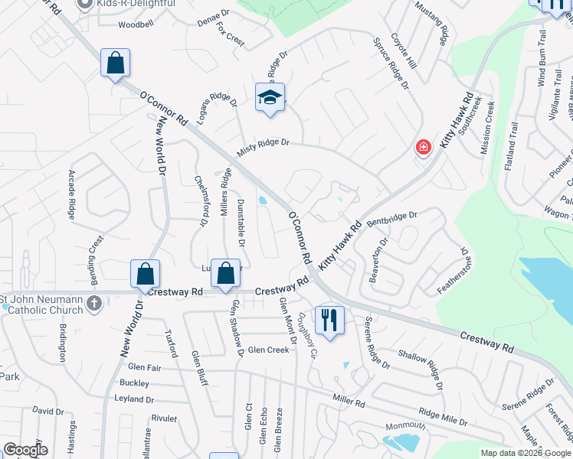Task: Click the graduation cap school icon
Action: [x=270, y=98]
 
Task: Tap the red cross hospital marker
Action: [x=423, y=147]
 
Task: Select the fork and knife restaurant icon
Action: [x=329, y=319]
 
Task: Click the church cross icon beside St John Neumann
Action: [x=94, y=304]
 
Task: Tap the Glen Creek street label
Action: [x=267, y=350]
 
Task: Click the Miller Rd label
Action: [x=349, y=400]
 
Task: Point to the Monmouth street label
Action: [x=405, y=425]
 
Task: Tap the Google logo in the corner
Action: [x=25, y=450]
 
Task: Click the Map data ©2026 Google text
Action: [x=526, y=453]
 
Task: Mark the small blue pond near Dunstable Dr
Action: [x=263, y=200]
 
